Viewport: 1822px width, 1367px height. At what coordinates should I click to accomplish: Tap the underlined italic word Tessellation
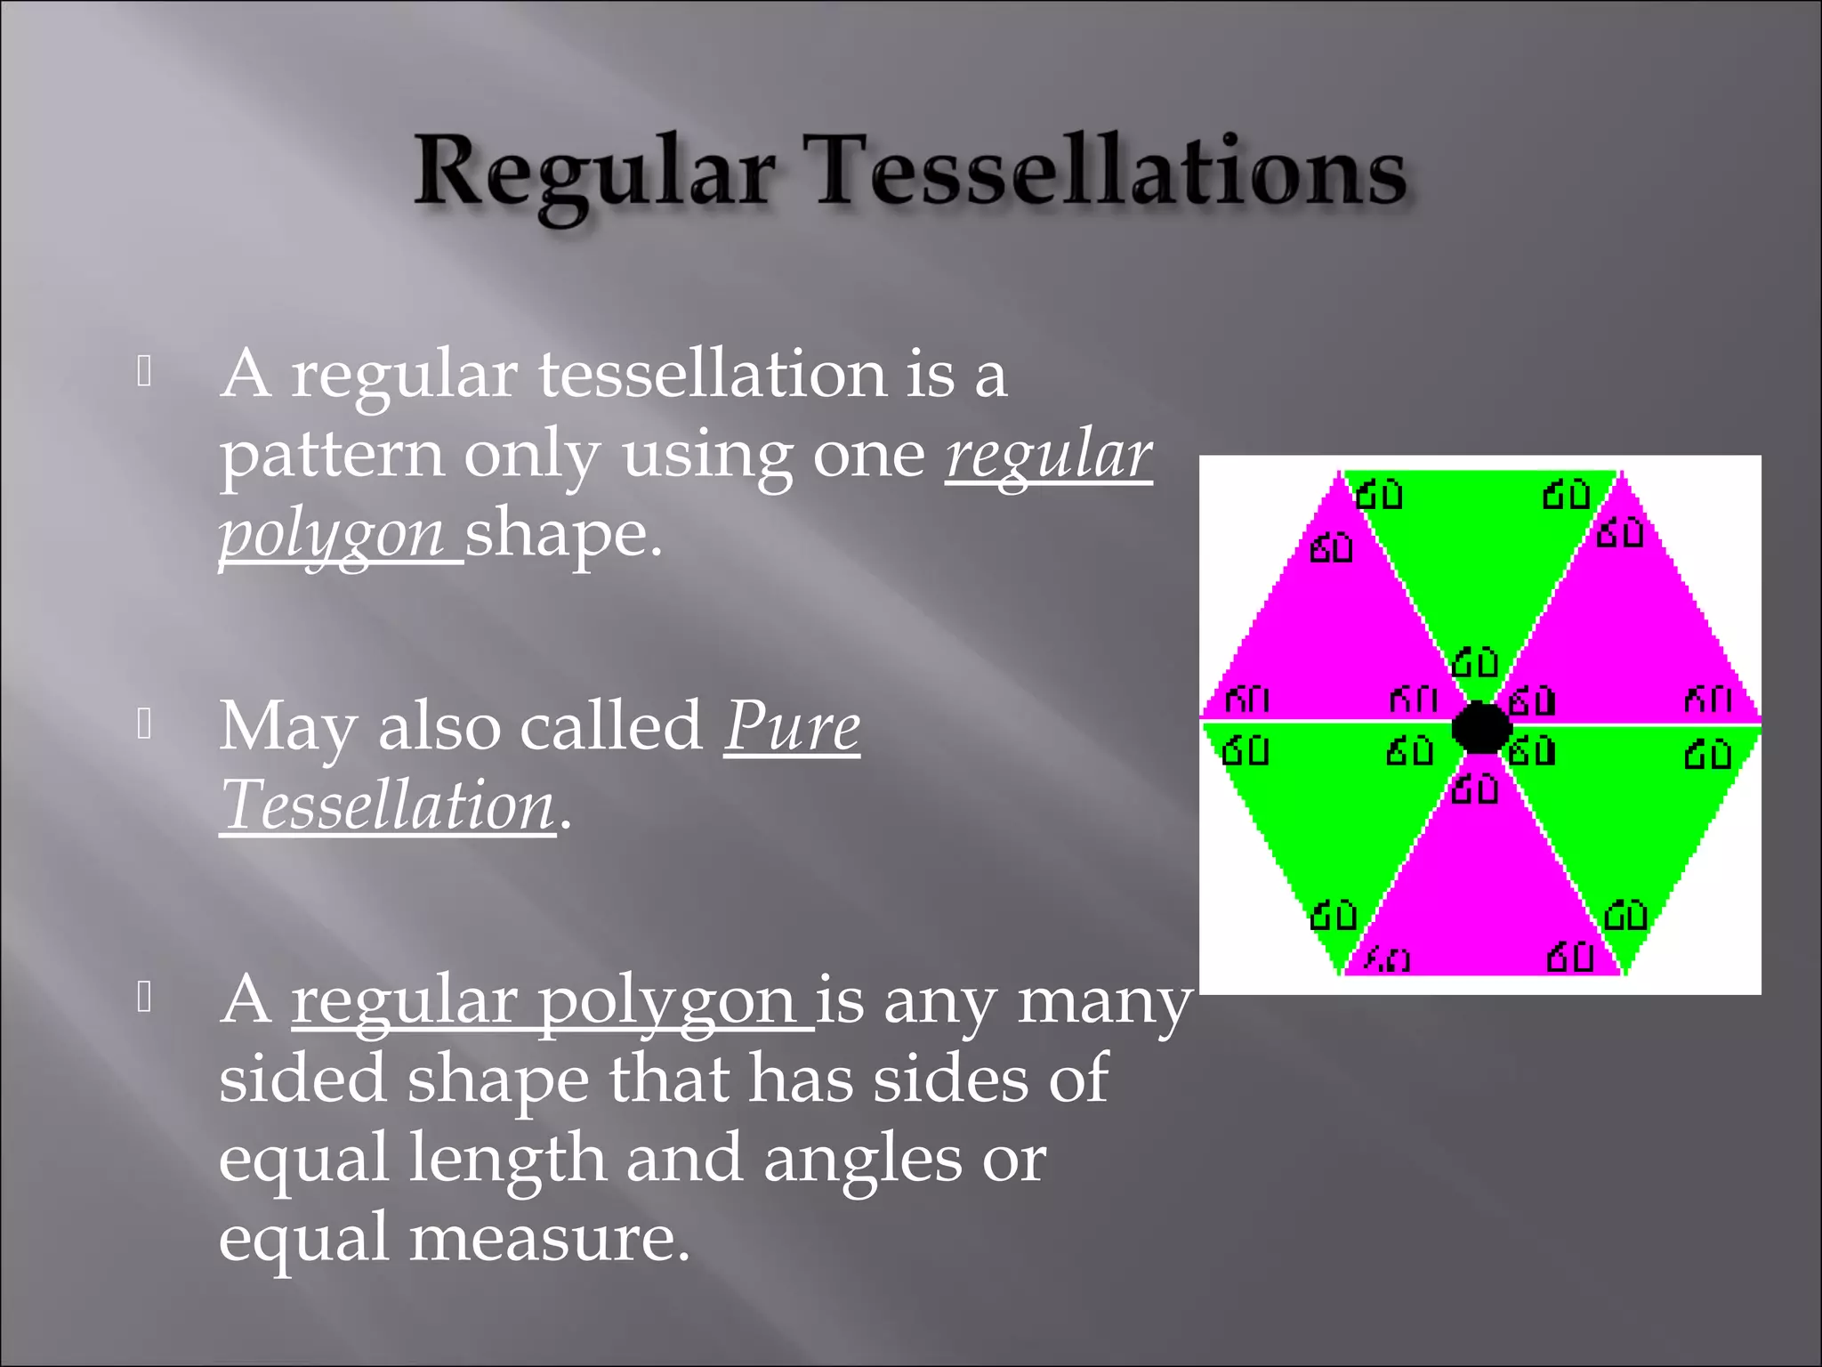pyautogui.click(x=388, y=806)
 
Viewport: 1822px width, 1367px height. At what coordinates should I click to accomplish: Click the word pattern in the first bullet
pyautogui.click(x=331, y=455)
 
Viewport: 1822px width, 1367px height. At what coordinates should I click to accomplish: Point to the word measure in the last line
pyautogui.click(x=549, y=1240)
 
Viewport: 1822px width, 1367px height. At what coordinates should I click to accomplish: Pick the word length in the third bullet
pyautogui.click(x=507, y=1160)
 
